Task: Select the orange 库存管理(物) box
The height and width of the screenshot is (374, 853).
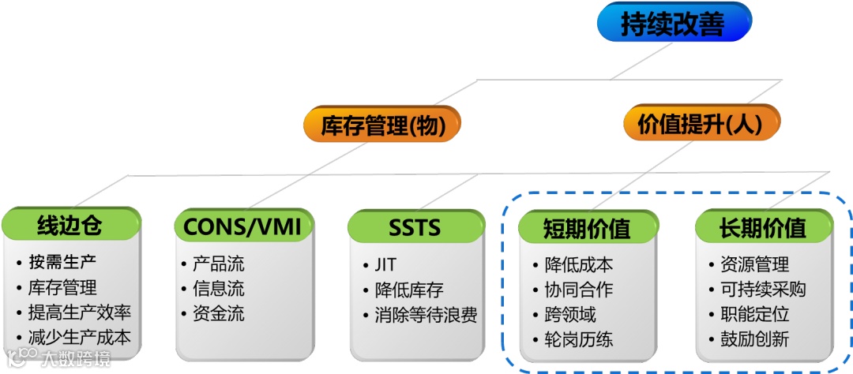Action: tap(381, 125)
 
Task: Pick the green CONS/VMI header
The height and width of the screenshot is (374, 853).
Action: tap(242, 226)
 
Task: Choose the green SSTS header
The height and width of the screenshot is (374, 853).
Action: tap(415, 227)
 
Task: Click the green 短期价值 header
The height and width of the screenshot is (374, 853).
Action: tap(587, 229)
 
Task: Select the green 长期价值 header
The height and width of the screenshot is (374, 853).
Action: tap(763, 228)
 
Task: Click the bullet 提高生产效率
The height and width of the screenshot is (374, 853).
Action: tap(79, 312)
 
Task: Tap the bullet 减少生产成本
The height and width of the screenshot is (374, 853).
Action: tap(79, 338)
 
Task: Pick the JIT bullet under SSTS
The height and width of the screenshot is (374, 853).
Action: tap(385, 264)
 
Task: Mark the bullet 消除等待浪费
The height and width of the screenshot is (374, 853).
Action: tap(426, 315)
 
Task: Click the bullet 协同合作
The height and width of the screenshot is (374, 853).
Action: tap(579, 290)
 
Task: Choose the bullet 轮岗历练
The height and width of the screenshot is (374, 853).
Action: tap(579, 339)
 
